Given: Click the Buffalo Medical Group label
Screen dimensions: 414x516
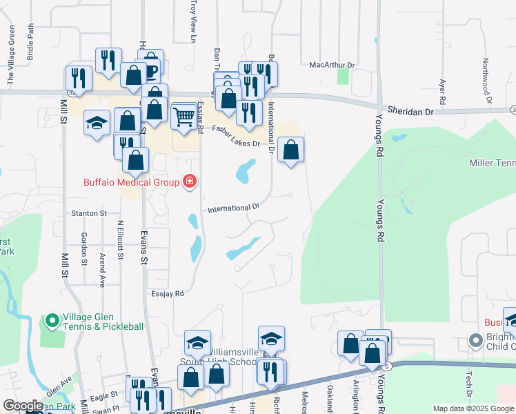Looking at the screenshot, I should [131, 182].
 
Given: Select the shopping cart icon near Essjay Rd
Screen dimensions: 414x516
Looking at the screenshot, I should [183, 117].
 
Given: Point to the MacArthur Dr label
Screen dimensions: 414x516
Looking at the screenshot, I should [332, 65].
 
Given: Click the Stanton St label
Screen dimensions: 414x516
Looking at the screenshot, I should [88, 214].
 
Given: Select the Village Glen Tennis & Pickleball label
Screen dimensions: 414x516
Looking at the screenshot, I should [103, 321].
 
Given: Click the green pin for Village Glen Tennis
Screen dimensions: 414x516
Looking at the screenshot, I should [52, 321].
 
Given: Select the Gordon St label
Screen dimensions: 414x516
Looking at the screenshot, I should [84, 248].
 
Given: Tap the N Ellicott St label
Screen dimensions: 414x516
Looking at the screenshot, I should [120, 239].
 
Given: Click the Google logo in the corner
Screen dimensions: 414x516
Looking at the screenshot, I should [22, 406].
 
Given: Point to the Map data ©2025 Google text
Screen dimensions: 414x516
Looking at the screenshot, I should [473, 408].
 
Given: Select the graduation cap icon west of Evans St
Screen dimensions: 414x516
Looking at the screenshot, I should [97, 124].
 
